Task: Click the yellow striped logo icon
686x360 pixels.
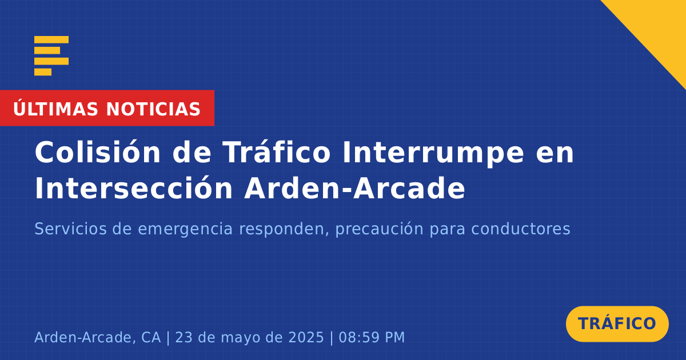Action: pos(51,56)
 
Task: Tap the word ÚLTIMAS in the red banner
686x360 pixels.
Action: pos(55,109)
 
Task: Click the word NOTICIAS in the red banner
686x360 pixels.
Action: pos(153,109)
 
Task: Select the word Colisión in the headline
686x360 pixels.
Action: pos(98,152)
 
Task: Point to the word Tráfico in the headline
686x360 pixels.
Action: pos(276,152)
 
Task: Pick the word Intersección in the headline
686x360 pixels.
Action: pos(134,188)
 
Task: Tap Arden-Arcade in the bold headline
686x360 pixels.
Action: pos(354,188)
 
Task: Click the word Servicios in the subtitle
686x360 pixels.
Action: pos(71,229)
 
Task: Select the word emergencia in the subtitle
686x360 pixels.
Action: pos(185,230)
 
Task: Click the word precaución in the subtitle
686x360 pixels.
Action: pos(380,230)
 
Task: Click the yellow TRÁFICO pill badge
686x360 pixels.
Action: pos(617,324)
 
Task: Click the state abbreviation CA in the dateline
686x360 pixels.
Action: pos(151,337)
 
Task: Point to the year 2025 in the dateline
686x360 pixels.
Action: pos(306,337)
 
